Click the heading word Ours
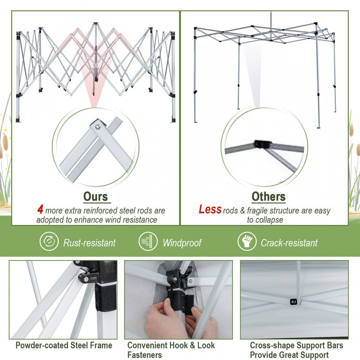[96, 196]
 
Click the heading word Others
[268, 196]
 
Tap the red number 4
[40, 210]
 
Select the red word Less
[210, 210]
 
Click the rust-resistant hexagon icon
[49, 242]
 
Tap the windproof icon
[148, 242]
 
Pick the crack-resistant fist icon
[247, 242]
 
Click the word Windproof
[182, 243]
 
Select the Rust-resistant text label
[89, 243]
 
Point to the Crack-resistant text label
[289, 243]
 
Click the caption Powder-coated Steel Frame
[64, 346]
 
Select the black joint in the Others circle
[262, 145]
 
